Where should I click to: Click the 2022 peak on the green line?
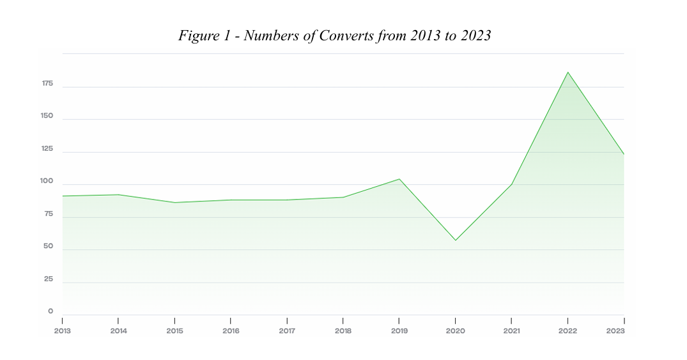coord(567,72)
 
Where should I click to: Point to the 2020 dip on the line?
coord(455,240)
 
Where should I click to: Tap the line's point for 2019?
coord(399,179)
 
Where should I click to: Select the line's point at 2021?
coord(511,185)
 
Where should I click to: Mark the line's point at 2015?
coord(174,203)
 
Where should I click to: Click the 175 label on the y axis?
coord(47,84)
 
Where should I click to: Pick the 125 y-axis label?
coord(47,149)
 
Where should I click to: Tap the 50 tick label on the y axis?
coord(49,246)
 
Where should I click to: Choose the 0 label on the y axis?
coord(50,311)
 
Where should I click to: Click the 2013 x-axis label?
coord(63,331)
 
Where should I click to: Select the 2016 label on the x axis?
coord(231,331)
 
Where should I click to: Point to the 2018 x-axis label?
coord(343,331)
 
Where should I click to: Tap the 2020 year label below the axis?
coord(455,331)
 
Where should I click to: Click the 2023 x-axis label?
coord(615,331)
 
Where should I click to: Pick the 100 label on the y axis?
coord(47,182)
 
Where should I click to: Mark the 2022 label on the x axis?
coord(567,331)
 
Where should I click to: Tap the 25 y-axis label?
coord(49,279)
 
